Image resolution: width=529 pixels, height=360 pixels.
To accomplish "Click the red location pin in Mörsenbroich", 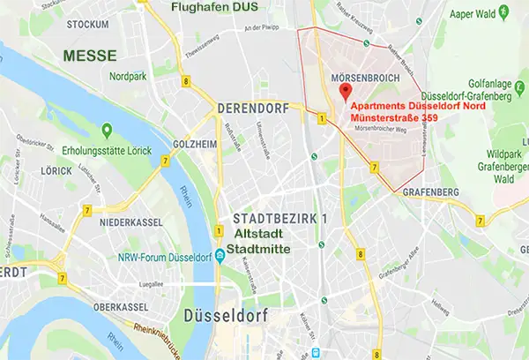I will [x=345, y=91].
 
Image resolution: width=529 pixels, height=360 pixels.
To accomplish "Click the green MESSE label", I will [x=89, y=55].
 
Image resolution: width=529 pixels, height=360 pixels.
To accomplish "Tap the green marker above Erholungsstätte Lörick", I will [x=106, y=131].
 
